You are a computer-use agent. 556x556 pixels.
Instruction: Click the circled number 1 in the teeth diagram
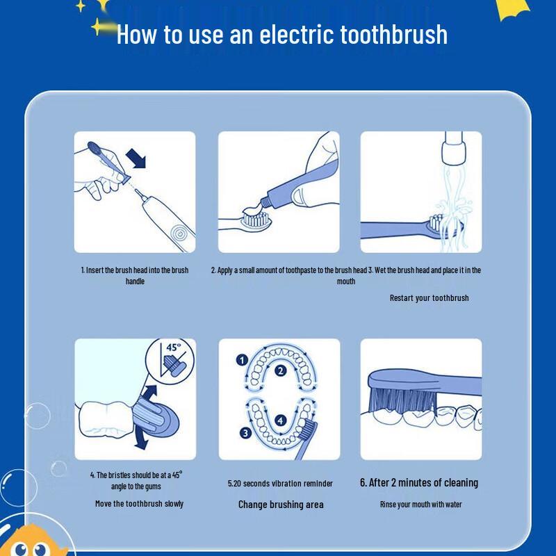coord(242,360)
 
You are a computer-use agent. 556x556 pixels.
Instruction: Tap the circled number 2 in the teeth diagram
coord(280,370)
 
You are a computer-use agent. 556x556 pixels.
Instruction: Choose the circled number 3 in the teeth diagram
coord(245,432)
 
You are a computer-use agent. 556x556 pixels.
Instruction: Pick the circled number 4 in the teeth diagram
coord(279,420)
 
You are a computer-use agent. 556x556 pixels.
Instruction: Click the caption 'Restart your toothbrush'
coord(429,298)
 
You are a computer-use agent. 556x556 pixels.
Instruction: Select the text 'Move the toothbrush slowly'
coord(139,503)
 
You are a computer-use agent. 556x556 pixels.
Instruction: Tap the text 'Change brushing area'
coord(281,505)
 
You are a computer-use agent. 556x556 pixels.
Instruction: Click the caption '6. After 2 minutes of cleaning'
coord(418,482)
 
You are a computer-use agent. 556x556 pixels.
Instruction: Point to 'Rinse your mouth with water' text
coord(420,505)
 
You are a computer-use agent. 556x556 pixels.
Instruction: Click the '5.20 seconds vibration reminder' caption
coord(280,483)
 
